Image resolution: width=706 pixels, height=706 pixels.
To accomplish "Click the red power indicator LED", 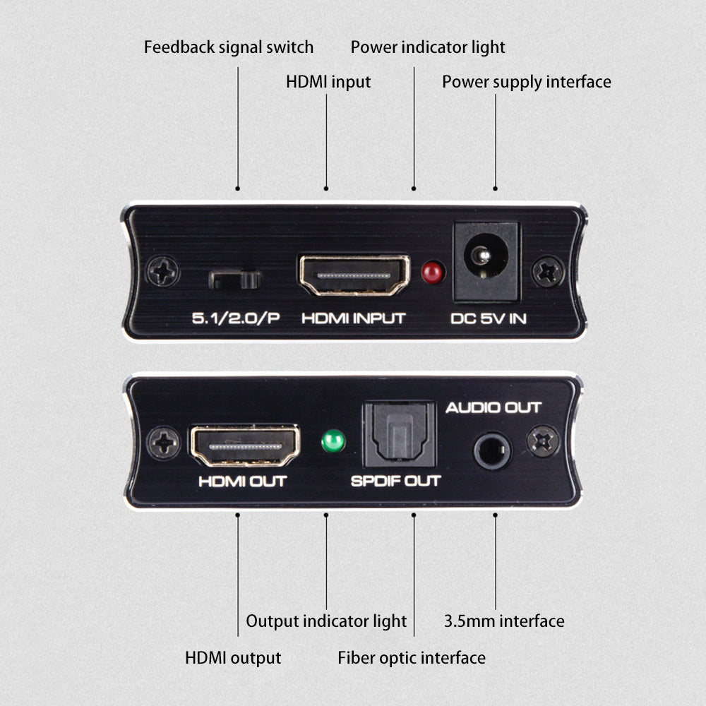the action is (x=433, y=273).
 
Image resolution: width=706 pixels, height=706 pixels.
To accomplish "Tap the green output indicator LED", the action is (x=334, y=441).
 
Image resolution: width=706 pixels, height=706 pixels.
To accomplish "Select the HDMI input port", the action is (x=354, y=275).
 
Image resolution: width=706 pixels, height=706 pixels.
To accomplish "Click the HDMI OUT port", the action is (x=246, y=445).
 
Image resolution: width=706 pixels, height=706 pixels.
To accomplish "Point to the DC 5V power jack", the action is (x=486, y=261).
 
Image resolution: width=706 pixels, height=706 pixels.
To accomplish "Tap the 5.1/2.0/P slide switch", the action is (x=235, y=280).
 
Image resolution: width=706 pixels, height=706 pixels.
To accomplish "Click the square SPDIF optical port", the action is (x=400, y=434).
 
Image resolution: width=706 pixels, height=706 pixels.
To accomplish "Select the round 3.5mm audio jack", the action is (x=493, y=450).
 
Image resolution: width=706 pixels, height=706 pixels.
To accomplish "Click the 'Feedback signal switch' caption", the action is (x=229, y=47).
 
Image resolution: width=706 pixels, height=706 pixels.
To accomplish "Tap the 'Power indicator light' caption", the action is (x=428, y=48).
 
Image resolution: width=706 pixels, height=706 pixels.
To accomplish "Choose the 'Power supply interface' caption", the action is (x=527, y=83).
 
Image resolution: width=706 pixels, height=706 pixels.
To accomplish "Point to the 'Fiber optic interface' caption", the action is (x=412, y=658).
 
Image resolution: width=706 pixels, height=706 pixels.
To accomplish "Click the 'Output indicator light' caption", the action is (x=326, y=621).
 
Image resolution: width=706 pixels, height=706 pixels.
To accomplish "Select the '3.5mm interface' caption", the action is (x=504, y=621).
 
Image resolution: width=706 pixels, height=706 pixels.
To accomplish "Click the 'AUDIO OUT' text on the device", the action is (x=493, y=408).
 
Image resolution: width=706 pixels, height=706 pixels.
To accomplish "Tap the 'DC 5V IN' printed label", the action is (x=489, y=319).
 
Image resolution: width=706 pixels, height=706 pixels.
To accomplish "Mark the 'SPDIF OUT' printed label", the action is (x=395, y=481).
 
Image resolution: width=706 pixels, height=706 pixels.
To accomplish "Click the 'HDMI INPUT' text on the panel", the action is (x=354, y=319).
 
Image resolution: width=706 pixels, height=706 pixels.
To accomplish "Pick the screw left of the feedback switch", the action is (x=163, y=272).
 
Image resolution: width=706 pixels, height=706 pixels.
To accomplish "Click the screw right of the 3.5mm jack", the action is (x=543, y=441).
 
